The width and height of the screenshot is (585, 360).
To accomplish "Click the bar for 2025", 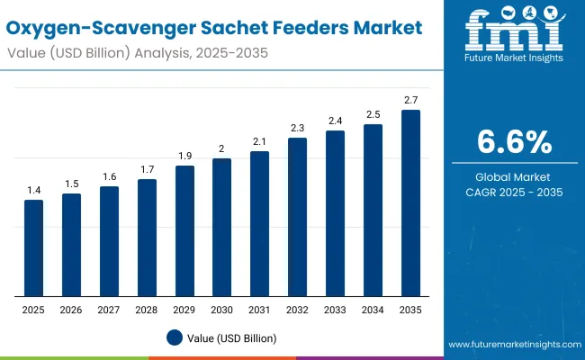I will point(33,247).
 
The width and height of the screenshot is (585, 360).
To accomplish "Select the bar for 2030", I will point(221,227).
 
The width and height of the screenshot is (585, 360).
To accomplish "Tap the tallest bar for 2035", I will point(410,202).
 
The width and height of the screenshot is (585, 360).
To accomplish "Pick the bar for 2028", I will point(147,238).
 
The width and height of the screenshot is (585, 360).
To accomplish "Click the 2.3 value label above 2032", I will point(297,128).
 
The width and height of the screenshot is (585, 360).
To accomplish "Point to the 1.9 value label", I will point(184,156).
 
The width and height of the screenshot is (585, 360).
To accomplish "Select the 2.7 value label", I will point(410,100).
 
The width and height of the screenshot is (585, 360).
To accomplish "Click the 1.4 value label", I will point(33,190).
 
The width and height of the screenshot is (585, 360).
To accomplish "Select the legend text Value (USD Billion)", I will point(233,337).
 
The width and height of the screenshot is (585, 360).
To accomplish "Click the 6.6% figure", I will point(513,141).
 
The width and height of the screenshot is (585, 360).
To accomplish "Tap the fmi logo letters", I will point(512,31).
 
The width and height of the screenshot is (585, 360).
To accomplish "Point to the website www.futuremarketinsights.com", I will point(513,345).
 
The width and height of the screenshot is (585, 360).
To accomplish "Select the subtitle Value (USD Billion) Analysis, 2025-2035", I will point(134,54).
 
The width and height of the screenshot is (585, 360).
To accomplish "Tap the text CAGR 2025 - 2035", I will point(513,192).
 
